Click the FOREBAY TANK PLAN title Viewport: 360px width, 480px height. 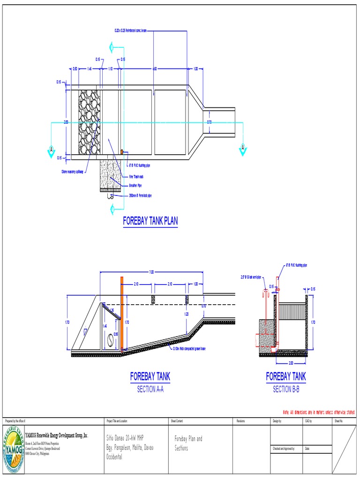[x=150, y=221]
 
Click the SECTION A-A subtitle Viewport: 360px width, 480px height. [x=150, y=389]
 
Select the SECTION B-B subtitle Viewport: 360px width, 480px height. [x=286, y=389]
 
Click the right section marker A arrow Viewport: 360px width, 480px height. [x=242, y=149]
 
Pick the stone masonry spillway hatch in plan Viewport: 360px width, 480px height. [x=89, y=122]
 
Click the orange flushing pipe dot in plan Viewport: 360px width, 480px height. [x=122, y=151]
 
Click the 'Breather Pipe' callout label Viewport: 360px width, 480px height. [x=135, y=186]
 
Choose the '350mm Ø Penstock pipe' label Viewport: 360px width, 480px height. [x=140, y=195]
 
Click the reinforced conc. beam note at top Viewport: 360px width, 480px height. [x=131, y=30]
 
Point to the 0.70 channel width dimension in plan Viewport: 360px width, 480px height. [x=210, y=122]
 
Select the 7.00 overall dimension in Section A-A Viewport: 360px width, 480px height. [x=151, y=272]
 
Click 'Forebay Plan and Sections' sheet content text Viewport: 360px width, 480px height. [x=188, y=442]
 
